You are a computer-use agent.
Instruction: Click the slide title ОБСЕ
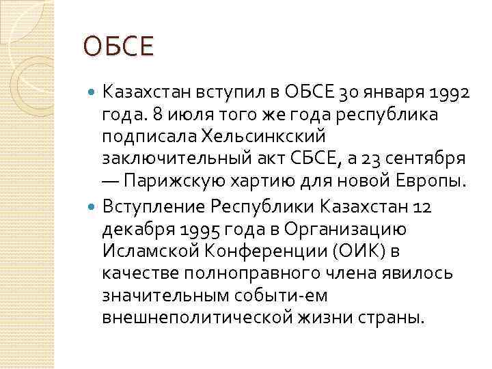pos(119,48)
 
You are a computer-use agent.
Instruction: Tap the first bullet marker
pos(94,91)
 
